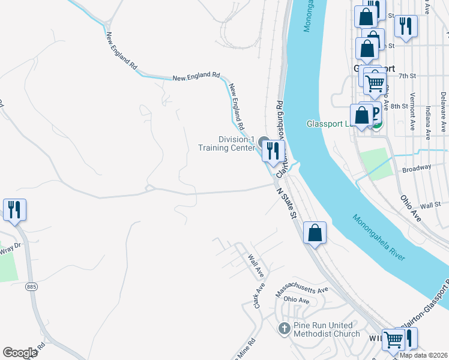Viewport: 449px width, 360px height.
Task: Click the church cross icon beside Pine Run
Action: pos(285,328)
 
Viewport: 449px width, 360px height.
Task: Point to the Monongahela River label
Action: pos(379,238)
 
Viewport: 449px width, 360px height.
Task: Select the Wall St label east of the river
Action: pos(430,205)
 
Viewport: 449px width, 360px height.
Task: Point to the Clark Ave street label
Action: pos(259,296)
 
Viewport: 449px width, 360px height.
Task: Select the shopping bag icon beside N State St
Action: pos(315,232)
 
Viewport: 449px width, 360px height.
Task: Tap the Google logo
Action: pos(20,353)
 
